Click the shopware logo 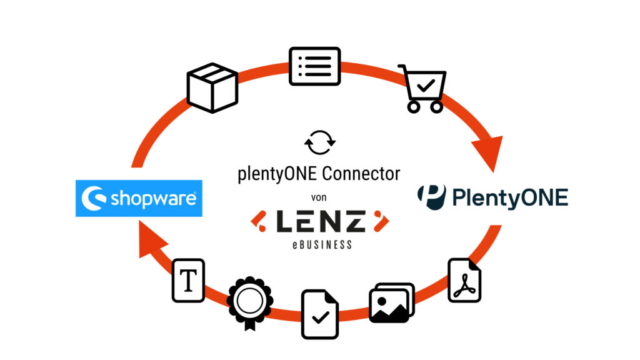[x=139, y=199]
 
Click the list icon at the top [x=314, y=66]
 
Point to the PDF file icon [x=464, y=281]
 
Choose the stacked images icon [x=391, y=302]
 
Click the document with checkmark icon [x=320, y=313]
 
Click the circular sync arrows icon [x=319, y=142]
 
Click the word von [x=318, y=197]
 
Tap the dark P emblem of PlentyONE [x=432, y=197]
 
